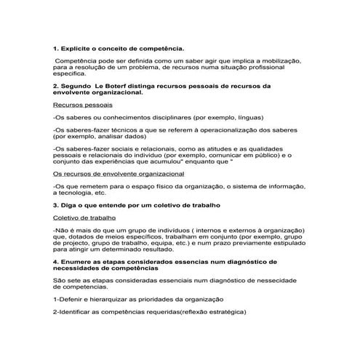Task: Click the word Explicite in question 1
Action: pyautogui.click(x=80, y=47)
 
